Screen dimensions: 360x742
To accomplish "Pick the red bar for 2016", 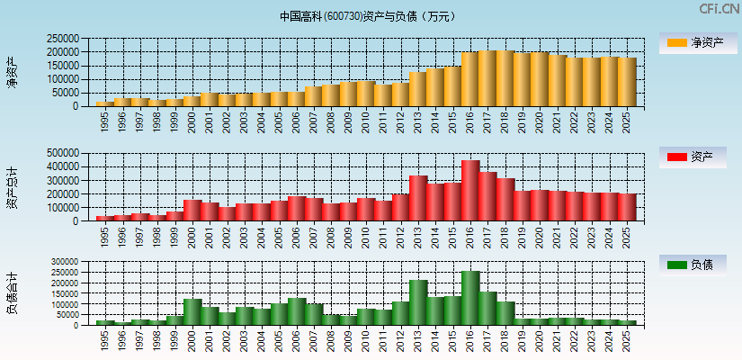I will pyautogui.click(x=470, y=191).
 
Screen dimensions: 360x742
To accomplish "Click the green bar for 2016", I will pyautogui.click(x=470, y=298).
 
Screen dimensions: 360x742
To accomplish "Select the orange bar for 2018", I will pyautogui.click(x=505, y=78).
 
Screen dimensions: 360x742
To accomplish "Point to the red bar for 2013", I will pyautogui.click(x=418, y=198).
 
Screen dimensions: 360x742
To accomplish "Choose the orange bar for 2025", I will pyautogui.click(x=627, y=82).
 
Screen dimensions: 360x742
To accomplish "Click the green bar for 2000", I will pyautogui.click(x=192, y=311).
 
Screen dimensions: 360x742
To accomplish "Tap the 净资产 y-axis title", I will pyautogui.click(x=12, y=72).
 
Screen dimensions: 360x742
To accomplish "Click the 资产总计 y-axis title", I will pyautogui.click(x=12, y=187).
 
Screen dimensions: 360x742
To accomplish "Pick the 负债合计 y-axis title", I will pyautogui.click(x=12, y=293).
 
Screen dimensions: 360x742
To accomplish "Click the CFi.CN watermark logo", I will pyautogui.click(x=719, y=9).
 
